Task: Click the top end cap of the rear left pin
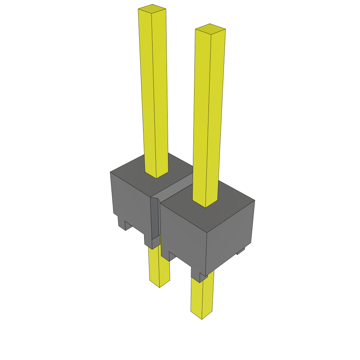click(x=152, y=9)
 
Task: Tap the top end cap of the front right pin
click(x=210, y=29)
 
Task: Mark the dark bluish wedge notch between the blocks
click(x=155, y=218)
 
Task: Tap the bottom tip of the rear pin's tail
click(x=160, y=285)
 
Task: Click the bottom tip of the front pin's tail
click(x=201, y=316)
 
